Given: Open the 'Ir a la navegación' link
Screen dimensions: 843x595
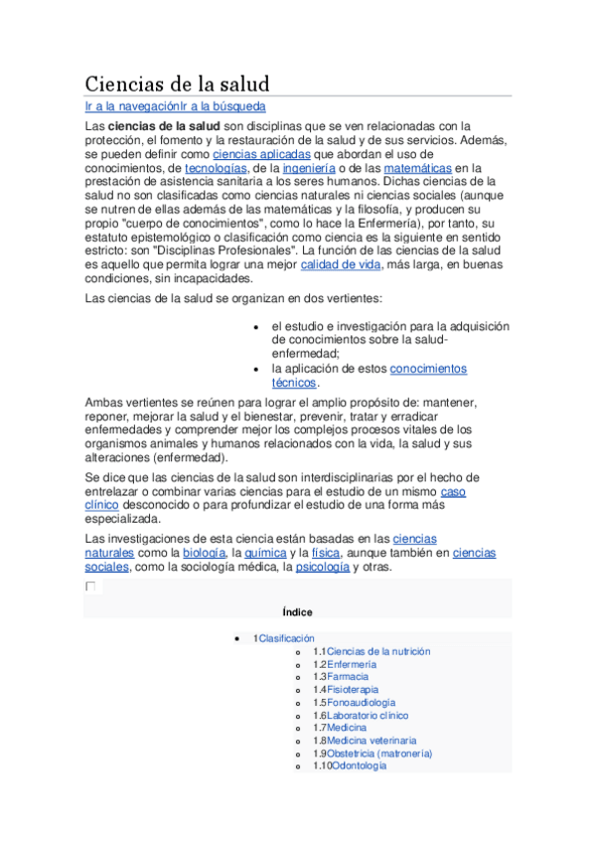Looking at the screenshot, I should click(131, 106).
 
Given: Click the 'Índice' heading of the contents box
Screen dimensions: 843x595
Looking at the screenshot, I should click(298, 612).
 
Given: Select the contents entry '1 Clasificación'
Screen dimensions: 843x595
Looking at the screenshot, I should click(286, 638).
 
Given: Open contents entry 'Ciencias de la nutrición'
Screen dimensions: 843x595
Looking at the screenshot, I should click(378, 651).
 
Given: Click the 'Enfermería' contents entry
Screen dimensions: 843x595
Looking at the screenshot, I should click(352, 664).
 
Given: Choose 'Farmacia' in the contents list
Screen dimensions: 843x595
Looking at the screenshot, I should click(347, 677).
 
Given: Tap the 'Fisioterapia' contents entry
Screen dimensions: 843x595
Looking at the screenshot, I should click(353, 690).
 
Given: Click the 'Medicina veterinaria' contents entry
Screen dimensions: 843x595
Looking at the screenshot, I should click(372, 741).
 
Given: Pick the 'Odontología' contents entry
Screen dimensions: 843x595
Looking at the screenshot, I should click(359, 766).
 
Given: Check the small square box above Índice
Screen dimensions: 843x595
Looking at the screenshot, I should click(90, 587).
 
